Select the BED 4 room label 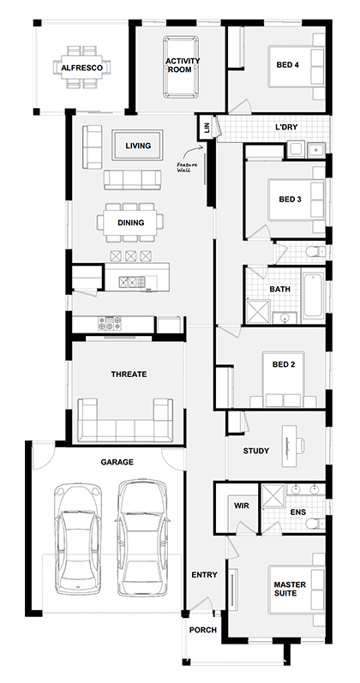289,65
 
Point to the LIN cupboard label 206,128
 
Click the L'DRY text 286,128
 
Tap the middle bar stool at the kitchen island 131,256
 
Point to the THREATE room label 129,374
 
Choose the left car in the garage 76,537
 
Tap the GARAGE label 117,462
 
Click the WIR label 240,506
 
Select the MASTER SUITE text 289,590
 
